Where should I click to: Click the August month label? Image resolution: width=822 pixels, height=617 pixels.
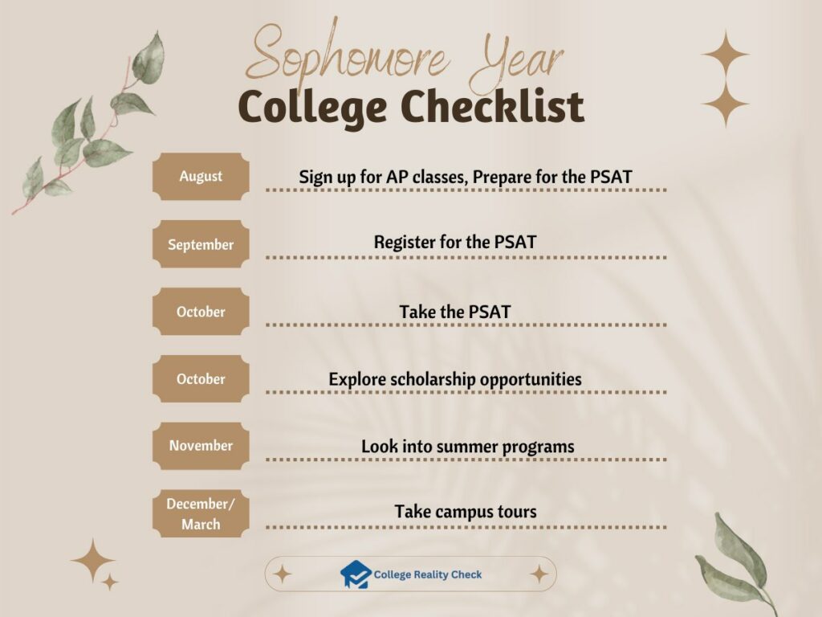click(x=201, y=176)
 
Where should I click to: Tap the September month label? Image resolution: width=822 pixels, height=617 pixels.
click(x=201, y=244)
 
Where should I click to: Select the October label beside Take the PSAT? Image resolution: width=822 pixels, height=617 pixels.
click(x=201, y=312)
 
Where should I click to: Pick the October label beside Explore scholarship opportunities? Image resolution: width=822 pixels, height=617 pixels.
click(x=201, y=378)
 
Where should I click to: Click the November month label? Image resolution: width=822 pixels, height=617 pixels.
click(x=201, y=446)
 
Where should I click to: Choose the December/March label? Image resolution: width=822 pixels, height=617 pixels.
click(x=201, y=513)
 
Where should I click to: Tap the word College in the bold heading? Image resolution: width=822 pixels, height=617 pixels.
click(x=314, y=108)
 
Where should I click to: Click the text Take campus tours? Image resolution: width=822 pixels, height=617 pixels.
click(x=466, y=512)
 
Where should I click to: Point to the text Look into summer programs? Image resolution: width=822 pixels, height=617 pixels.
click(x=467, y=446)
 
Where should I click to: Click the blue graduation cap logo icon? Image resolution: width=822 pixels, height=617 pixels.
click(x=355, y=574)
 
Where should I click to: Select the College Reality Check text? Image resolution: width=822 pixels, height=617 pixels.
click(x=428, y=574)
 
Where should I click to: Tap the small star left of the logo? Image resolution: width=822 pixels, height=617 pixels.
click(x=282, y=574)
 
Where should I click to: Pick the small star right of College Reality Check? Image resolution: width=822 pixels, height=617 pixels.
click(x=539, y=574)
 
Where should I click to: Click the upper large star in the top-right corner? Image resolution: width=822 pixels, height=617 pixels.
click(x=726, y=54)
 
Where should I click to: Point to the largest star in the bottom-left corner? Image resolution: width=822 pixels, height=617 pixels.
click(x=92, y=561)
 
